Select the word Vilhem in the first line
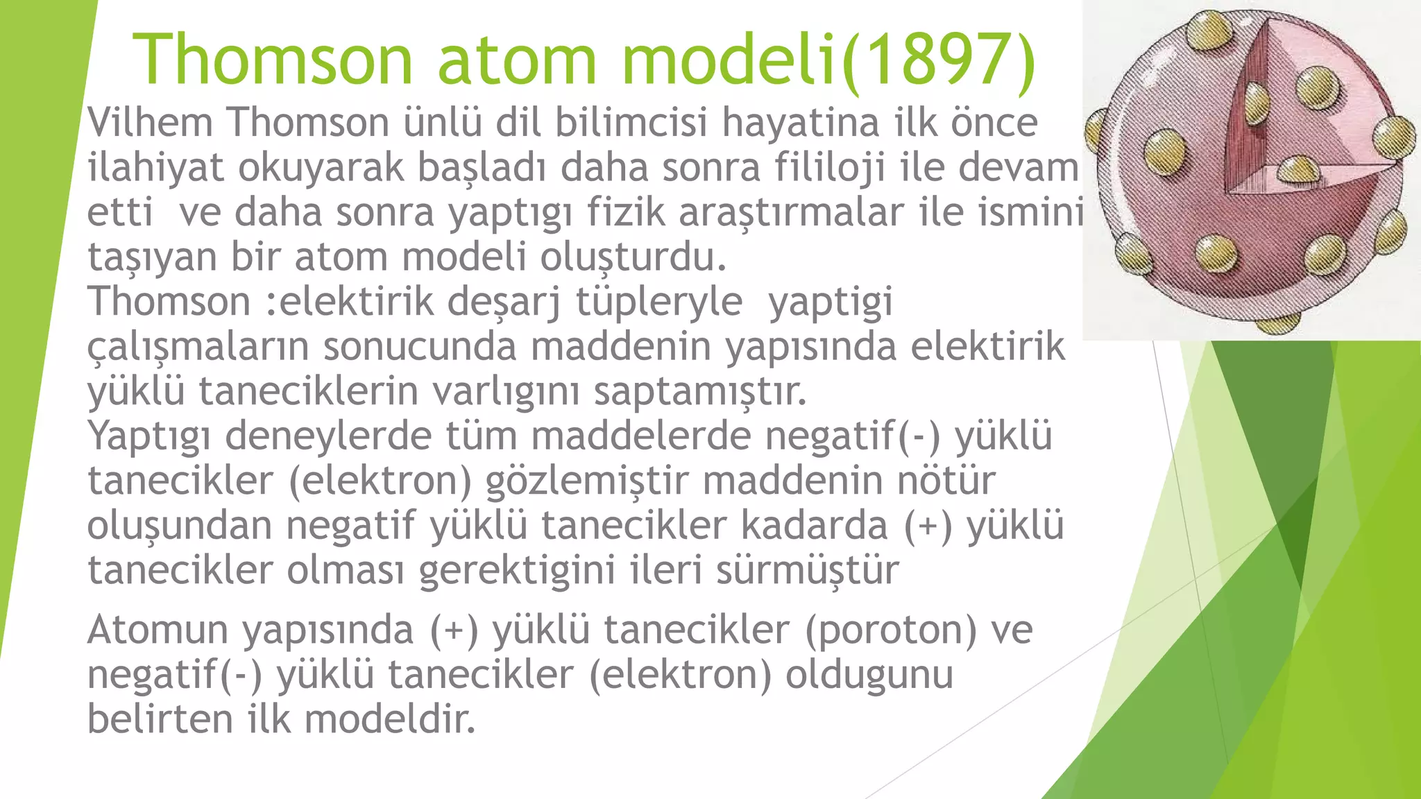click(150, 123)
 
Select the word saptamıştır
click(700, 392)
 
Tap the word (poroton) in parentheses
click(891, 630)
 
